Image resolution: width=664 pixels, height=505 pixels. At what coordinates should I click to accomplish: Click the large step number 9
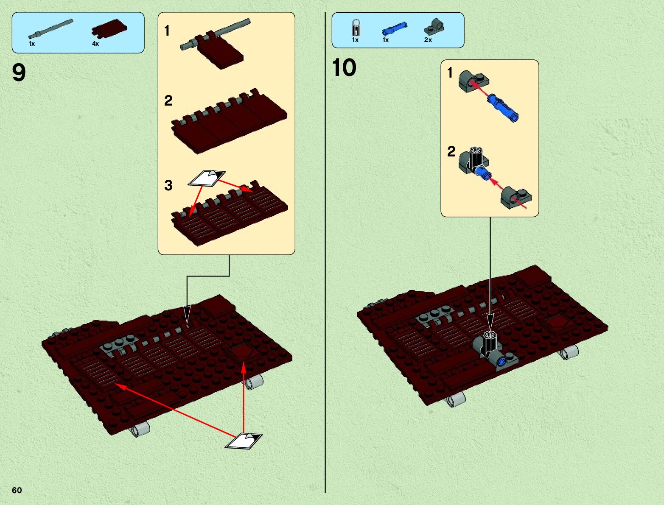click(19, 73)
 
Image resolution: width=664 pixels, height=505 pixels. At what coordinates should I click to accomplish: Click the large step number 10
click(344, 67)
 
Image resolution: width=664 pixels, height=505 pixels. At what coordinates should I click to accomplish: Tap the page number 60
click(17, 490)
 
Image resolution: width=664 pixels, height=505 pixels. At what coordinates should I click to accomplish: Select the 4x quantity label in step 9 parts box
click(95, 44)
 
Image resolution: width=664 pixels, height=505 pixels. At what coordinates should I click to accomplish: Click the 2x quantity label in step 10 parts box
click(428, 40)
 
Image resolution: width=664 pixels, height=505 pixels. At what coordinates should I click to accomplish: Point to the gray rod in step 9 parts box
click(51, 29)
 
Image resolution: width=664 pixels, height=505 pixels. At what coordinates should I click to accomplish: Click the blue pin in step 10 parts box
click(395, 28)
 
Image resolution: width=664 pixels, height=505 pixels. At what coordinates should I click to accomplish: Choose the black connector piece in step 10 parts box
click(356, 28)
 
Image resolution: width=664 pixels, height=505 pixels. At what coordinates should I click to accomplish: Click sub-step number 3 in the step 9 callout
click(168, 185)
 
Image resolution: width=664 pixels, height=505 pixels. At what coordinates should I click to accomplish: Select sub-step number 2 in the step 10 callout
click(451, 151)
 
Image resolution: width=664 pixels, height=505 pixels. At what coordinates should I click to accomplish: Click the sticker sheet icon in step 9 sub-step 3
click(207, 177)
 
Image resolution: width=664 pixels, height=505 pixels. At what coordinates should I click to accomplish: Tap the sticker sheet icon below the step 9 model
click(244, 441)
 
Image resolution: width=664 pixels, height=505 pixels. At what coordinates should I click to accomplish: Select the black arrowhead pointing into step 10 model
click(490, 321)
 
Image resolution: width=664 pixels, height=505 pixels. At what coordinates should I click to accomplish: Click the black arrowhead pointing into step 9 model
click(187, 316)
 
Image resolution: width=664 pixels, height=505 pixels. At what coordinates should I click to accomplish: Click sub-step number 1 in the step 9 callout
click(167, 31)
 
